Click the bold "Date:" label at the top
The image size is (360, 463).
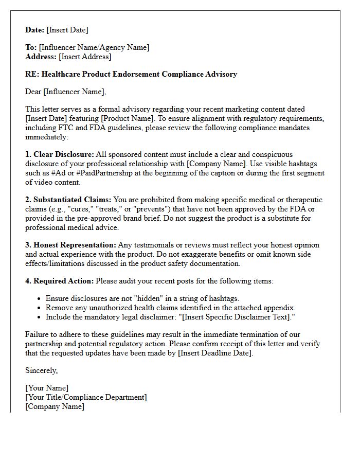pos(35,30)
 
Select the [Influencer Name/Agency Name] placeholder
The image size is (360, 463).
pos(94,47)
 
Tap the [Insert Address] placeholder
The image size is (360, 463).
pos(85,57)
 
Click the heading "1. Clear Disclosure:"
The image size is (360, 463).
pos(60,154)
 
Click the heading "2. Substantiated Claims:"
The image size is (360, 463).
pos(68,200)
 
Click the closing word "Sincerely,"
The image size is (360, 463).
pos(42,370)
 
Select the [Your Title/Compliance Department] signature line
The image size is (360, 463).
pos(86,397)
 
